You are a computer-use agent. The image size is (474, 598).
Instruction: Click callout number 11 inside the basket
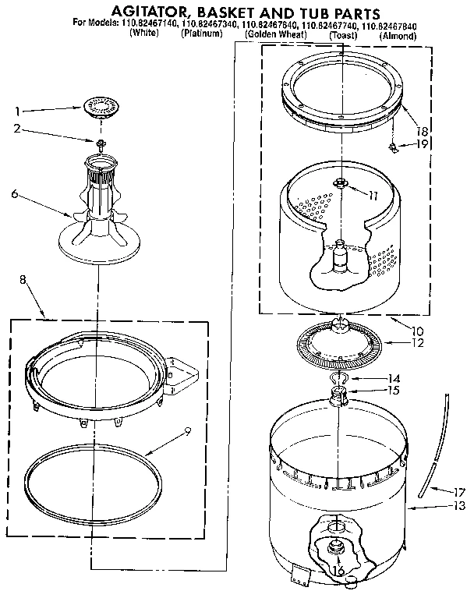click(373, 196)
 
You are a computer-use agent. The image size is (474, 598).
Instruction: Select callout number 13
click(458, 506)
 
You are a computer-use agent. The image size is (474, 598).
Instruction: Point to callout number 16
click(337, 571)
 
